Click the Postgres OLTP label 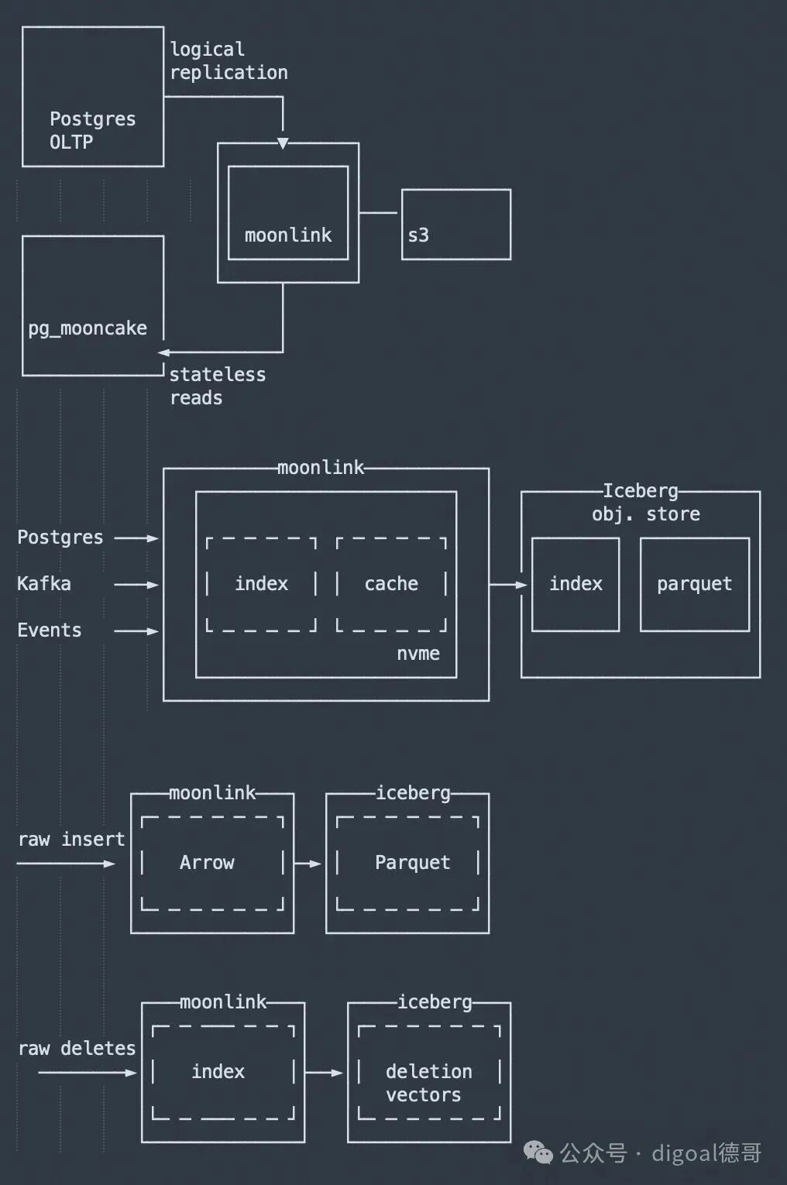[x=93, y=131]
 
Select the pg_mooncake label [x=88, y=329]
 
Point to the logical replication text [x=229, y=61]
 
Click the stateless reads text [x=217, y=386]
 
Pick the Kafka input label [x=44, y=583]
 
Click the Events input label [x=50, y=630]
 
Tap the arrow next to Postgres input [x=136, y=538]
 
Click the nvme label [x=418, y=654]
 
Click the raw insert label [x=71, y=840]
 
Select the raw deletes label [x=77, y=1049]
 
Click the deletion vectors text [x=428, y=1083]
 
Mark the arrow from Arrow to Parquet [x=308, y=864]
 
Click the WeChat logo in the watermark [x=538, y=1153]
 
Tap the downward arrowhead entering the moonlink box [x=284, y=143]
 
